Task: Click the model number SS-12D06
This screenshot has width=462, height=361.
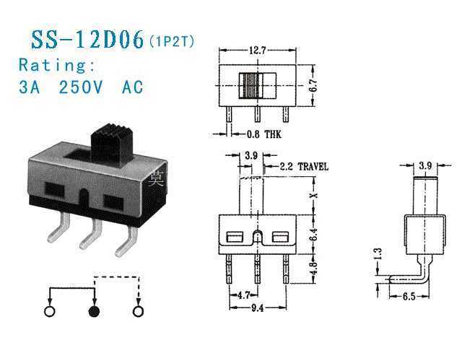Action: [87, 40]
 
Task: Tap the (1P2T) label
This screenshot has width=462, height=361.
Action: [173, 42]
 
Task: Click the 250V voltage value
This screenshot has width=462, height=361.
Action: [81, 87]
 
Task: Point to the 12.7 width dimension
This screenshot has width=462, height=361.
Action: [257, 51]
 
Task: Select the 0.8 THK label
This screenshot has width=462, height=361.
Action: [263, 134]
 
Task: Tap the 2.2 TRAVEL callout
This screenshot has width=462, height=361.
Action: [304, 167]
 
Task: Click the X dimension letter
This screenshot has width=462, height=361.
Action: [314, 195]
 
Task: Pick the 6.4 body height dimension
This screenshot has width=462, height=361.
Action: [314, 235]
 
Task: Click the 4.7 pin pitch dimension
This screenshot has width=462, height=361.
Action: [243, 295]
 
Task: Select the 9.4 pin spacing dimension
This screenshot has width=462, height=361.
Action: [257, 308]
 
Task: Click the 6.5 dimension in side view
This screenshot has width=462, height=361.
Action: [409, 297]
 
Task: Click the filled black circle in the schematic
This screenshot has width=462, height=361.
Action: [95, 311]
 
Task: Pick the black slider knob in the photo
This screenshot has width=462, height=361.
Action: [111, 144]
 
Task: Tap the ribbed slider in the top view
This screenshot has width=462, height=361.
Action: [250, 85]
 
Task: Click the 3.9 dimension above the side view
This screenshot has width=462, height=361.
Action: [425, 165]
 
